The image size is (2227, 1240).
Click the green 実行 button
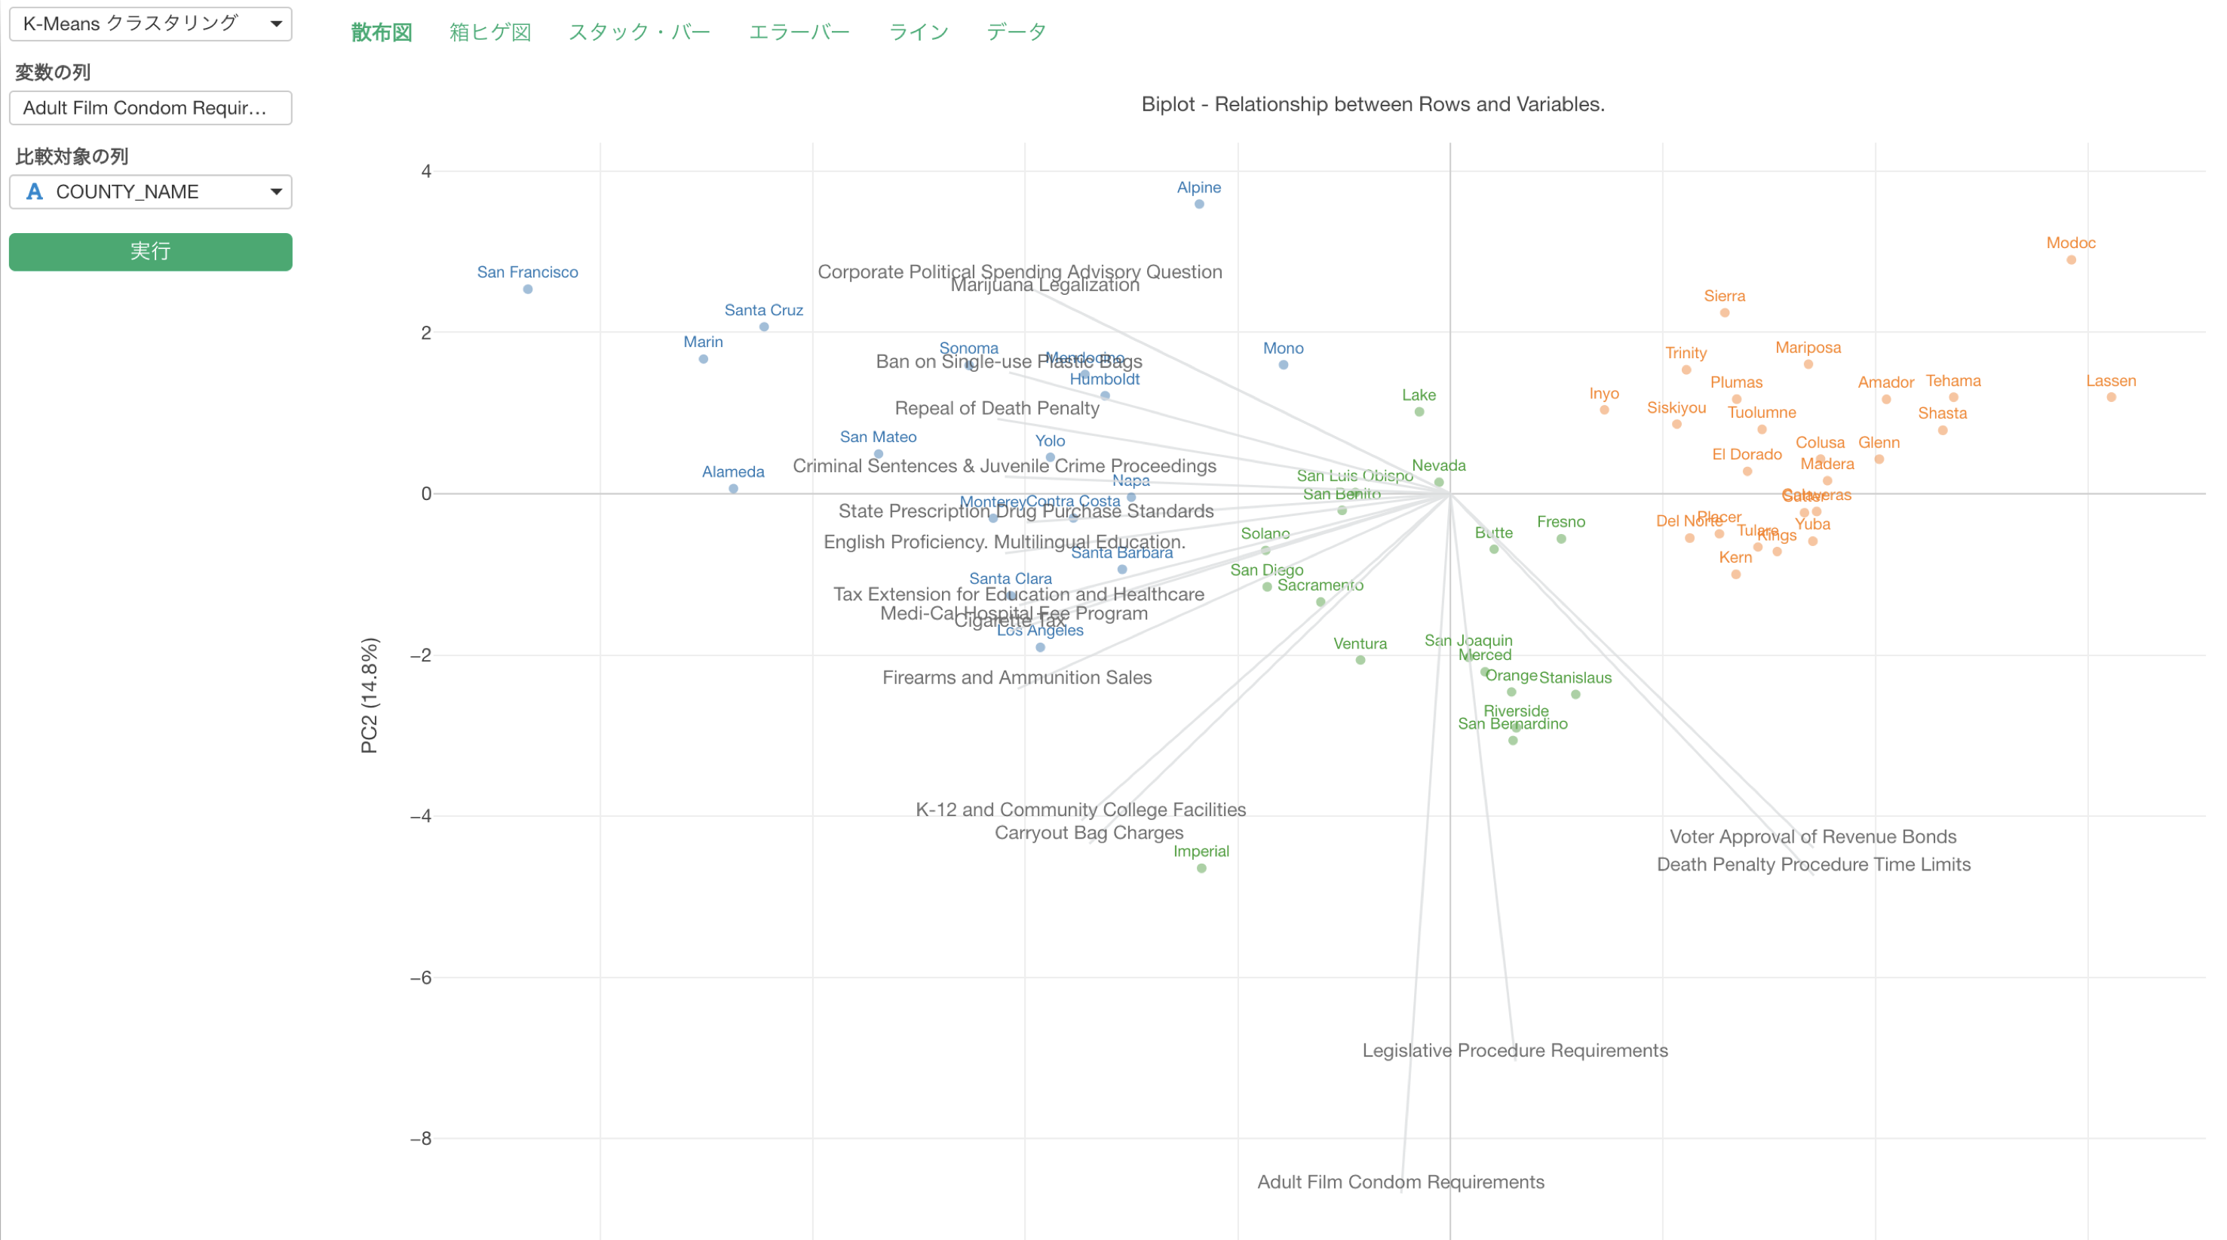click(x=150, y=252)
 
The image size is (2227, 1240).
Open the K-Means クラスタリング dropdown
click(x=150, y=23)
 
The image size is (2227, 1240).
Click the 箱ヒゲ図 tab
click(x=489, y=32)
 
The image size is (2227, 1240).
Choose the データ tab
click(x=1016, y=32)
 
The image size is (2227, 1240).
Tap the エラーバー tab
click(x=799, y=32)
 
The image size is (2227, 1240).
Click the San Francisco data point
click(x=527, y=290)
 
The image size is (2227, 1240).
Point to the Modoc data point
click(x=2071, y=260)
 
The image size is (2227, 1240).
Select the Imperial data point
click(x=1201, y=868)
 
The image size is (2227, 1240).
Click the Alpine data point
click(x=1199, y=204)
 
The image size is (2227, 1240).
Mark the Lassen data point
click(x=2110, y=397)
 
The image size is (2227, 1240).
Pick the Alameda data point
click(x=733, y=489)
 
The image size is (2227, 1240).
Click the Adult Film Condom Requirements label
click(x=1400, y=1182)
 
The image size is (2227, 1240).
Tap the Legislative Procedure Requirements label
click(x=1514, y=1051)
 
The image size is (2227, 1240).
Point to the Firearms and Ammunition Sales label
click(x=1017, y=678)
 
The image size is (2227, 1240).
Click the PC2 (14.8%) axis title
click(x=369, y=695)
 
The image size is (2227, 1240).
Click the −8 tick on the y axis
click(x=421, y=1139)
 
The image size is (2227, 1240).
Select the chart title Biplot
click(x=1372, y=105)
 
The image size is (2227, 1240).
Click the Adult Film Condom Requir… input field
click(x=150, y=108)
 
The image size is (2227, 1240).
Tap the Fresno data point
click(x=1560, y=539)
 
